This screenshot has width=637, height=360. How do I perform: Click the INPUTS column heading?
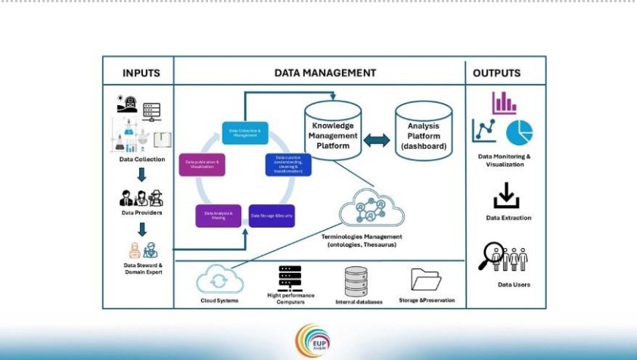coord(141,73)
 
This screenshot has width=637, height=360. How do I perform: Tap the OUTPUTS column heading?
coord(496,73)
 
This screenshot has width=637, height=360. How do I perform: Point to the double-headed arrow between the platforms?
coord(376,141)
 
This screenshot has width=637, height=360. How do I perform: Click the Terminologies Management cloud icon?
coord(368,209)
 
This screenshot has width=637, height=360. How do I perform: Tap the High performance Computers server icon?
coord(290,278)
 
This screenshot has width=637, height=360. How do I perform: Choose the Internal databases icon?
coord(356,281)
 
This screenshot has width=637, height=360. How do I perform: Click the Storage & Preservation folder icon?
coord(426,280)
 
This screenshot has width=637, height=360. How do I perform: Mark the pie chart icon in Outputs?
coord(519,132)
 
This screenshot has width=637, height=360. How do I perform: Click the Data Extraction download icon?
coord(506,195)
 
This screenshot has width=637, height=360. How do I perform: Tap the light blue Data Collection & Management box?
coord(244,132)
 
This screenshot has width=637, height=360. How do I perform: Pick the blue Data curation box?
coord(287,164)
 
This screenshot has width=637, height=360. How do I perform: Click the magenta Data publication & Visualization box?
coord(202,164)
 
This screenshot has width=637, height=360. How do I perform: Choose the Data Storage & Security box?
coord(272,216)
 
